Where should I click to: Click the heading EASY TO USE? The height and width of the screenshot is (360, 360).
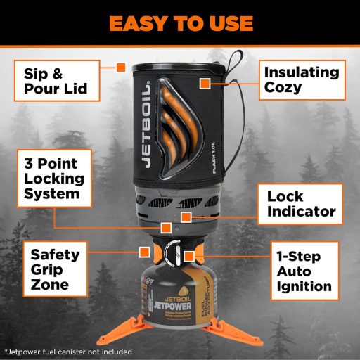[180, 22]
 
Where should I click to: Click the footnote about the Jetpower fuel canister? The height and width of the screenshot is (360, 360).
[67, 349]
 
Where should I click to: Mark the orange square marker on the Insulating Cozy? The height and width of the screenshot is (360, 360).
[205, 84]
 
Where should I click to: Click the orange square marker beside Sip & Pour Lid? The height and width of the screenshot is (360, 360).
[120, 67]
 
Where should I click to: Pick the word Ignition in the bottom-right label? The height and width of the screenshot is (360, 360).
[303, 286]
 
